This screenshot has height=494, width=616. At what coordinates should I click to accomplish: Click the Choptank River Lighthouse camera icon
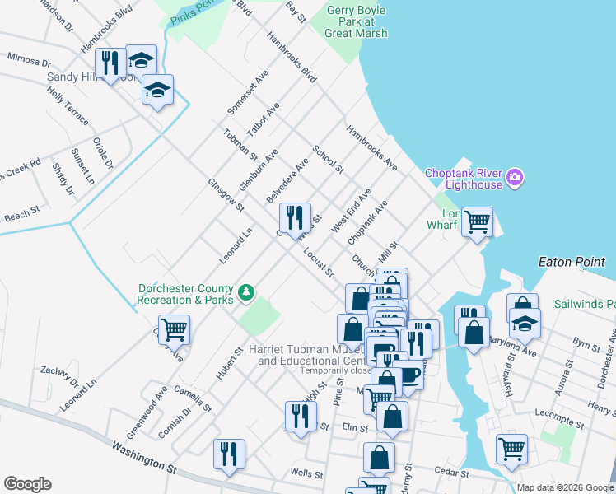[x=516, y=177]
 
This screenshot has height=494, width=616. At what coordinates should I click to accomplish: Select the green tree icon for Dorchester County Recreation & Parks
[x=245, y=293]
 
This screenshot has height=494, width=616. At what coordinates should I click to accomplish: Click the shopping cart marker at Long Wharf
[x=477, y=221]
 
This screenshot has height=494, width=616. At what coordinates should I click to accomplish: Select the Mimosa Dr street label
[x=28, y=60]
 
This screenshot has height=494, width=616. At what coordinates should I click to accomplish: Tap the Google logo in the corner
[x=27, y=484]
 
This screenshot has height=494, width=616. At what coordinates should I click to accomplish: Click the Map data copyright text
[x=565, y=487]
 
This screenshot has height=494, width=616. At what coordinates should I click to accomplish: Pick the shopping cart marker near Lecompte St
[x=511, y=450]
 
